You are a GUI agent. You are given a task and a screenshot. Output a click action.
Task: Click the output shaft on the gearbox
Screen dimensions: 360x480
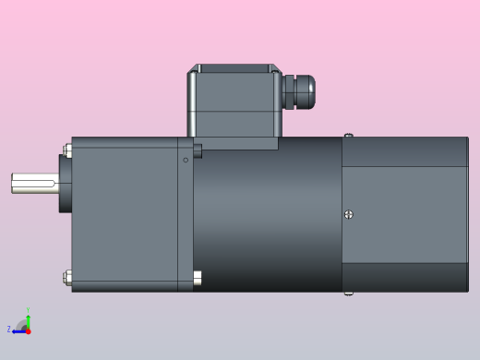[x=33, y=182]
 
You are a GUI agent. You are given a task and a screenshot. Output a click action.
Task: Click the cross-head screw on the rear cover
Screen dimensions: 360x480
[x=348, y=215]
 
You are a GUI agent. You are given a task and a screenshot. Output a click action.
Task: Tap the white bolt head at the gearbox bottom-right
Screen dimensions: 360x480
[x=197, y=276]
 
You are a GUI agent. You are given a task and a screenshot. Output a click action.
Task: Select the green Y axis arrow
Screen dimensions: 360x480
[x=28, y=321]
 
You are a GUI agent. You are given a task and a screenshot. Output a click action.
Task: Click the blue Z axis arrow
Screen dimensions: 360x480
[x=18, y=330]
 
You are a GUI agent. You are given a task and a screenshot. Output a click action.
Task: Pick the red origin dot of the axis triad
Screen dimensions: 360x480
[x=28, y=330]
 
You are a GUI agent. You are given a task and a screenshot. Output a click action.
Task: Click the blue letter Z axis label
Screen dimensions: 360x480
[x=9, y=330]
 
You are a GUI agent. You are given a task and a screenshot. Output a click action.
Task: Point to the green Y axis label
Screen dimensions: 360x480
[x=28, y=311]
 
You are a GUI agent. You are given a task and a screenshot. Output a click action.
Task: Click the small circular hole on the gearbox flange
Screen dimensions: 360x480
[x=186, y=161]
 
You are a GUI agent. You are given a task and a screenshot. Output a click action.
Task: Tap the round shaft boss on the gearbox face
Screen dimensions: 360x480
[x=66, y=182]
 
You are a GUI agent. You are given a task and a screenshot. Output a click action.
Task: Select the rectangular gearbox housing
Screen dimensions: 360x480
[x=125, y=214]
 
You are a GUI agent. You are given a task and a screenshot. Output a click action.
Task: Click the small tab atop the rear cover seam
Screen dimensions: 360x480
[x=348, y=136]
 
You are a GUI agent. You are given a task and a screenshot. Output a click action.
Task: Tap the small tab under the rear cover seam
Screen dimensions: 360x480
[x=348, y=294]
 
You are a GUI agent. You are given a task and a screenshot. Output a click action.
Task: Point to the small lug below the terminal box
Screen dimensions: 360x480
[x=197, y=150]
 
